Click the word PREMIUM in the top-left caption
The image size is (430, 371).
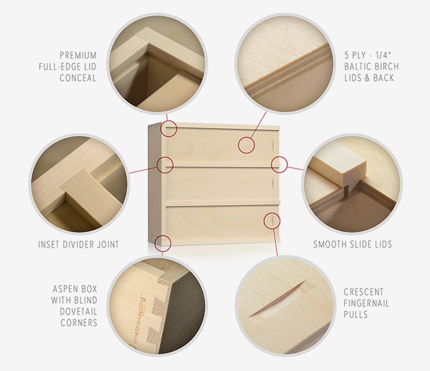coord(78,55)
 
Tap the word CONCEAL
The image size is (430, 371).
coord(78,78)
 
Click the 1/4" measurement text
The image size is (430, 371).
coord(383,55)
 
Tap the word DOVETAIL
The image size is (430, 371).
coord(78,311)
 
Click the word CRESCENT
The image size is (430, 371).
coord(364,292)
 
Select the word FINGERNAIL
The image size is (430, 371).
coord(367,303)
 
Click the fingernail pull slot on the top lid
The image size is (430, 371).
coord(273,146)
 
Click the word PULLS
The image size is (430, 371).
coord(356,314)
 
